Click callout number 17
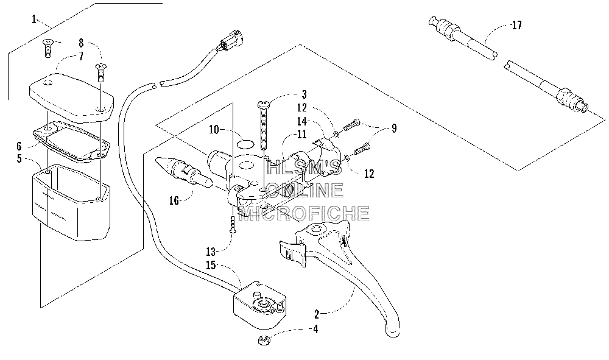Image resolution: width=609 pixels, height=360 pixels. (516, 26)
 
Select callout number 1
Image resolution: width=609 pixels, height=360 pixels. (34, 19)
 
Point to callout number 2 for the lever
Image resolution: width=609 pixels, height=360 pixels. (317, 314)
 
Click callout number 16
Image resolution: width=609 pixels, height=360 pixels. (174, 200)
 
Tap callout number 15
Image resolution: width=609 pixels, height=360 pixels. (211, 265)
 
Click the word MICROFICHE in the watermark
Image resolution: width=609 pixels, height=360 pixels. (304, 213)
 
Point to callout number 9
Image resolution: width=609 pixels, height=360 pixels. (394, 129)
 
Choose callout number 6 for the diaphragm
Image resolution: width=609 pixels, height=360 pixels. (19, 146)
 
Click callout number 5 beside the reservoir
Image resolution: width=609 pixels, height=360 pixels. (19, 158)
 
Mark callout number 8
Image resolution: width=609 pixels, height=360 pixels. (81, 43)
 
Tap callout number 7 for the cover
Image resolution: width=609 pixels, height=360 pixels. (81, 56)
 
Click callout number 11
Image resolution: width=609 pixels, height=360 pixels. (302, 135)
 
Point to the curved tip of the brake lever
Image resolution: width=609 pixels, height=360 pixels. (392, 330)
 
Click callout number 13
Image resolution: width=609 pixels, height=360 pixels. (211, 252)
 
